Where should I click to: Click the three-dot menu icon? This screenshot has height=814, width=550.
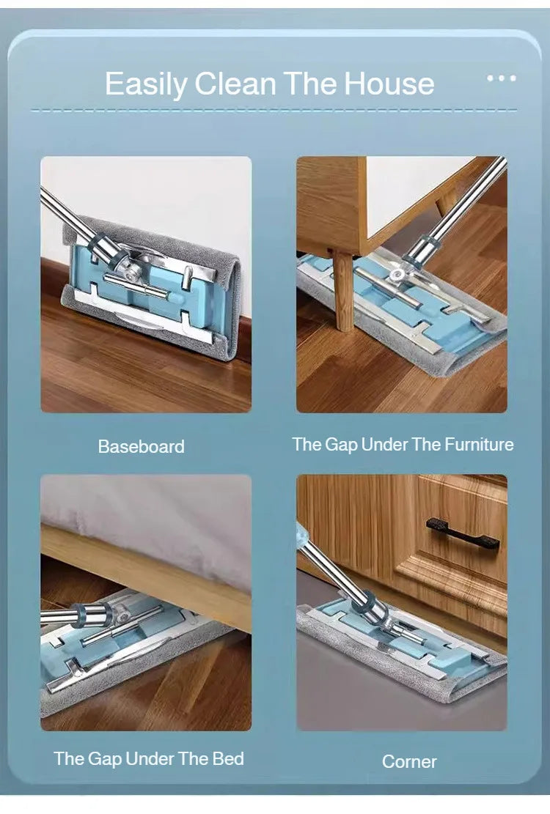tap(501, 78)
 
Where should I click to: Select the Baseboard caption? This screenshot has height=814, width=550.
tap(142, 446)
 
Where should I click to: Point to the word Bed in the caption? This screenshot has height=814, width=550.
tap(228, 758)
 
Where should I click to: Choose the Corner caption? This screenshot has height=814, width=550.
tap(409, 761)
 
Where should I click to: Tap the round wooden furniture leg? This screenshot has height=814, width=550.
tap(343, 291)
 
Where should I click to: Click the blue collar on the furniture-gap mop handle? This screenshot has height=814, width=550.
tap(425, 247)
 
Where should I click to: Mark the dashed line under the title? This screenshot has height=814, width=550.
tap(274, 110)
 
